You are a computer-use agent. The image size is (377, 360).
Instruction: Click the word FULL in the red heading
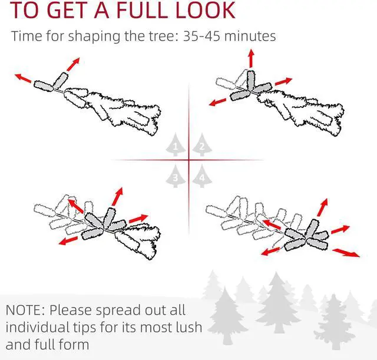tap(143, 10)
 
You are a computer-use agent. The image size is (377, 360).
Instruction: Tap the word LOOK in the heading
tap(206, 10)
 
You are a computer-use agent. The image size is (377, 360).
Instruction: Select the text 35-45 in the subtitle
tap(201, 37)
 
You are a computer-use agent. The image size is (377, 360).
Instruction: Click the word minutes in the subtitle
tap(250, 37)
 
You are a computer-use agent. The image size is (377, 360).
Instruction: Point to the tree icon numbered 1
tap(176, 144)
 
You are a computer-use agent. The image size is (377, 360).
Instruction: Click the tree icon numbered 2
tap(202, 144)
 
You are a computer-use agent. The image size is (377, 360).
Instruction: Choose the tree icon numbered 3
tap(176, 176)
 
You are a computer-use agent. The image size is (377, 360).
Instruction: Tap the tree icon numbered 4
tap(202, 176)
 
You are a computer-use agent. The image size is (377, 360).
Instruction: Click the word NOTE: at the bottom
tap(25, 311)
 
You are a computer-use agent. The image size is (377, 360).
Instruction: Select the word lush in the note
tap(188, 327)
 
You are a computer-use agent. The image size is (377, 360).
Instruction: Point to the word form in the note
tap(74, 344)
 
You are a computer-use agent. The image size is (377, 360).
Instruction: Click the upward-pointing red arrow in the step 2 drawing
tap(252, 58)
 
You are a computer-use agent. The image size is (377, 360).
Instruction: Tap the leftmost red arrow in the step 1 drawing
tap(23, 78)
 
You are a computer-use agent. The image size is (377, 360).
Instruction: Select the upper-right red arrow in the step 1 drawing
tap(73, 64)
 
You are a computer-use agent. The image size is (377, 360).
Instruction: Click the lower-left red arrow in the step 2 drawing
tap(217, 102)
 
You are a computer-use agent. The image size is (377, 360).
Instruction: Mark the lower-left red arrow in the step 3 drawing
tap(68, 241)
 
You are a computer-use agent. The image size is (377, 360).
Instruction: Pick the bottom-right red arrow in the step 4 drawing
tap(346, 253)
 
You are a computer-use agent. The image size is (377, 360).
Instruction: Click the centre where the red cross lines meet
tap(188, 160)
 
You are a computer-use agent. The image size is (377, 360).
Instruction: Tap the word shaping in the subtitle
tap(94, 37)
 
